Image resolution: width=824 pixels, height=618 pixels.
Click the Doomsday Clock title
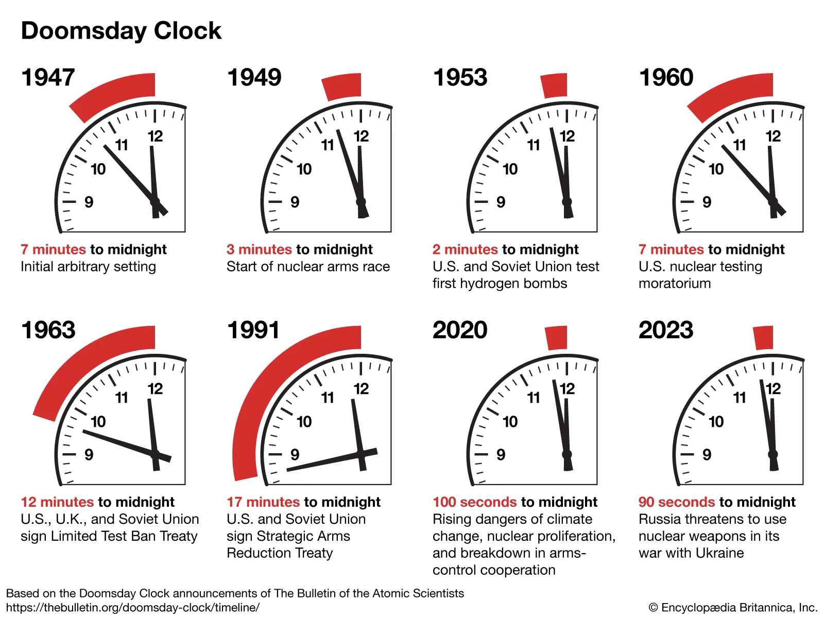(x=121, y=31)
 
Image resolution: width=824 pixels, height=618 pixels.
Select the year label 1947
(x=48, y=78)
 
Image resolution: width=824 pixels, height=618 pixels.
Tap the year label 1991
(x=253, y=330)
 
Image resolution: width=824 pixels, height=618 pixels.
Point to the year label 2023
(x=666, y=330)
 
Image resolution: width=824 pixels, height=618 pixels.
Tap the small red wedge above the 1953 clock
(x=554, y=85)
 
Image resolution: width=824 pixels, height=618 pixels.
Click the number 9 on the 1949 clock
(x=295, y=202)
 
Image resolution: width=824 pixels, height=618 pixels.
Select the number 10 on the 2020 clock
(x=510, y=422)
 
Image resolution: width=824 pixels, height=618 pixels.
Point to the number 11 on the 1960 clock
(x=740, y=145)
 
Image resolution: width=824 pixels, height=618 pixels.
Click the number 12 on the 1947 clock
(x=155, y=136)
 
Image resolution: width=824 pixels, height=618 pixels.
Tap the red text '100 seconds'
(x=474, y=502)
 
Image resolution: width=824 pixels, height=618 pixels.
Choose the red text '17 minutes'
(x=263, y=502)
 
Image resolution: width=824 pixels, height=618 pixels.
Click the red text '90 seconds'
(x=677, y=502)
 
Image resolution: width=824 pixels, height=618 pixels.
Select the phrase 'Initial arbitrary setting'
(x=88, y=267)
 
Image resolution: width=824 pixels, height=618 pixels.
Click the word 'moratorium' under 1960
(x=675, y=284)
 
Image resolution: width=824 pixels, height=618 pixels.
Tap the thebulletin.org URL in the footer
(x=133, y=608)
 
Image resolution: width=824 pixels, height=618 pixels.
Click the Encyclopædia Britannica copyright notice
(x=733, y=608)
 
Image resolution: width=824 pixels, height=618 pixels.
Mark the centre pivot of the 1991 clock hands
(x=360, y=454)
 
